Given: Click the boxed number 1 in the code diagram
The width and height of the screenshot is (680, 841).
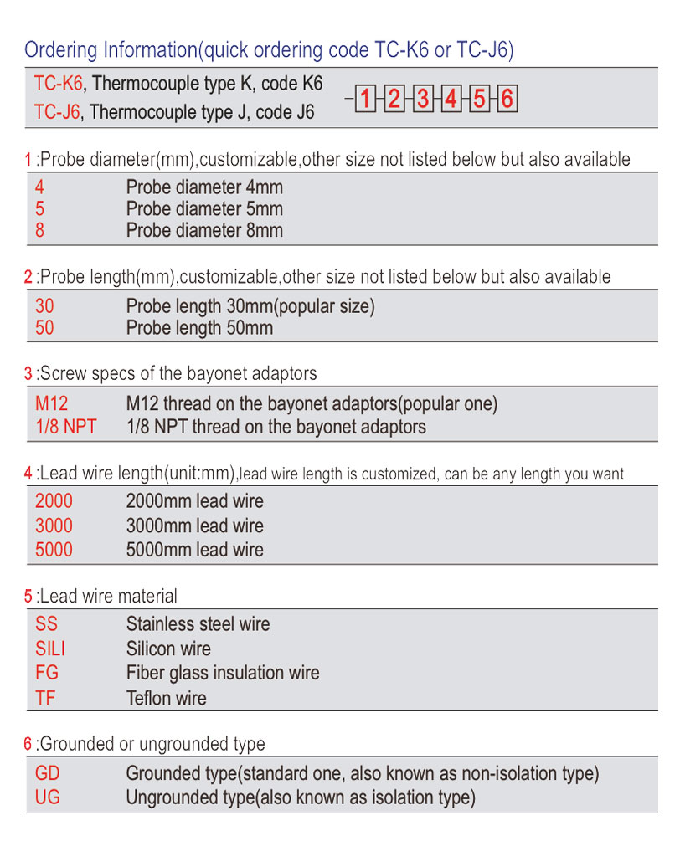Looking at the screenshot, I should click(x=365, y=100).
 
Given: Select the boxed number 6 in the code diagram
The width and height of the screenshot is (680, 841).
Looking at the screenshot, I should click(x=507, y=100).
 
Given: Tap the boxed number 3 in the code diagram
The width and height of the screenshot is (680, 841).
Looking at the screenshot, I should click(x=423, y=100).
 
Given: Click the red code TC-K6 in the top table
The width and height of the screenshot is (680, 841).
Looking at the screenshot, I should click(x=58, y=84).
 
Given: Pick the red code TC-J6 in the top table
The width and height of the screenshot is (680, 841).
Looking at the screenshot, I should click(x=57, y=112).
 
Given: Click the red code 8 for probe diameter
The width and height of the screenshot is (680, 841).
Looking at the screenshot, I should click(x=40, y=230).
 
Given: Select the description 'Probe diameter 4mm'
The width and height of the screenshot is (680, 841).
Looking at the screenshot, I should click(x=204, y=187).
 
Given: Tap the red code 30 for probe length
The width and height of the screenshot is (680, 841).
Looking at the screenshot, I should click(x=44, y=307).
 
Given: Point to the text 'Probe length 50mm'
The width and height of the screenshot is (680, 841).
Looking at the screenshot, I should click(x=199, y=328).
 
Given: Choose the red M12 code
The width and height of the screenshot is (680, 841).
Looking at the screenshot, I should click(x=52, y=404).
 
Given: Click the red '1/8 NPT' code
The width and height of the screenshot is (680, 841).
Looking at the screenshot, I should click(x=65, y=427).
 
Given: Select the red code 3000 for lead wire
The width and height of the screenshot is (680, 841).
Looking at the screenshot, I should click(x=54, y=526).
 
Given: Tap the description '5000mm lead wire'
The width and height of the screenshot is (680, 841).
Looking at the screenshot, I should click(x=194, y=550).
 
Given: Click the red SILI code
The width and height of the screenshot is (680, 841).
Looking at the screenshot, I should click(x=50, y=649).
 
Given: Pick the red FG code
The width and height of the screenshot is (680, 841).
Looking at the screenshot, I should click(x=47, y=673).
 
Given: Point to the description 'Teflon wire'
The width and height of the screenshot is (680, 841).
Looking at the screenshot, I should click(x=166, y=698).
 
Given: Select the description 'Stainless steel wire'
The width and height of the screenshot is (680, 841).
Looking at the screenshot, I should click(x=198, y=624).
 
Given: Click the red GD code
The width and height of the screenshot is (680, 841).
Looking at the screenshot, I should click(x=48, y=774).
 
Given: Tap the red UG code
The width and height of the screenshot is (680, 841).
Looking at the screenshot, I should click(x=48, y=797).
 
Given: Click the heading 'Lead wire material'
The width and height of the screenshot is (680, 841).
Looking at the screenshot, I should click(x=108, y=597).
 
